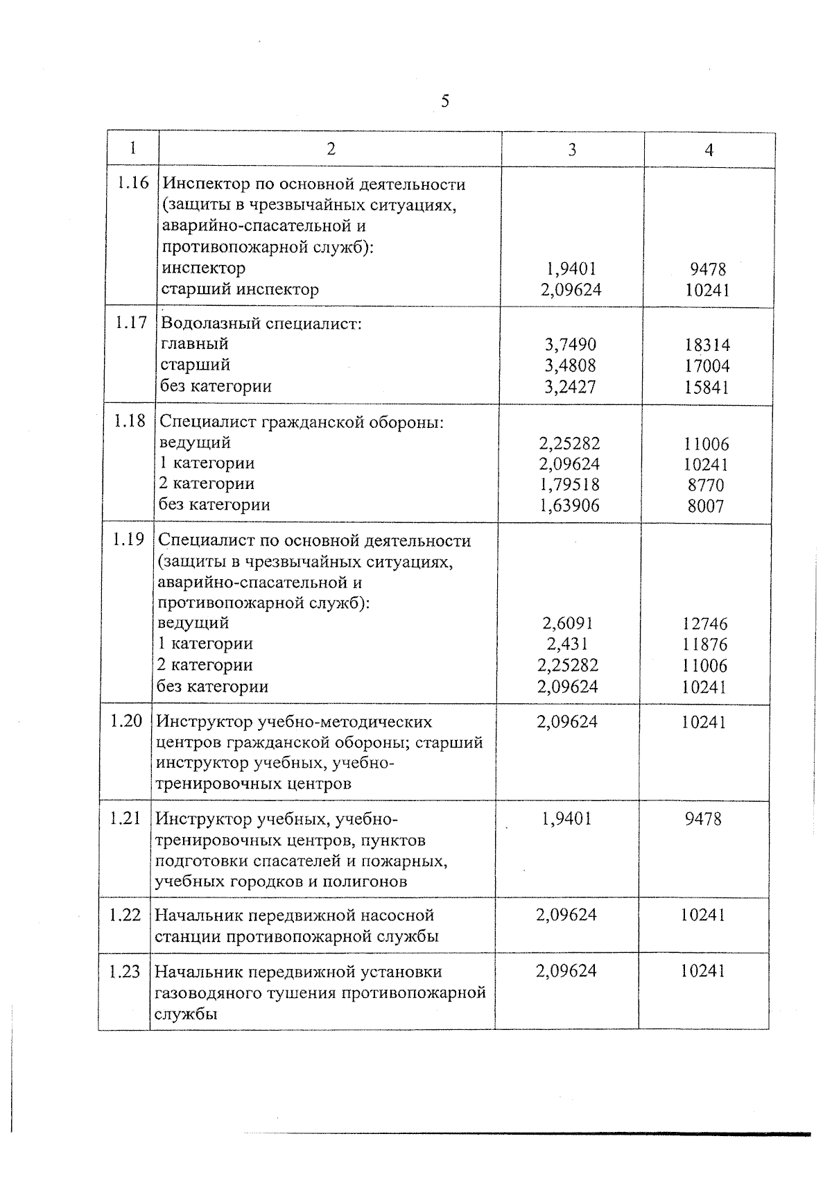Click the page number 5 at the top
445,102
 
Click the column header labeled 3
571,150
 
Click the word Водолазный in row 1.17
202,323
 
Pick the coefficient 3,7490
570,345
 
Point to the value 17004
707,366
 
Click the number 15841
707,387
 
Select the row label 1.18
130,420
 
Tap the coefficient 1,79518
569,484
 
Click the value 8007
706,506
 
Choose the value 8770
706,485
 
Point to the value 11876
704,644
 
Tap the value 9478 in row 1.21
703,819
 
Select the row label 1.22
125,915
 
